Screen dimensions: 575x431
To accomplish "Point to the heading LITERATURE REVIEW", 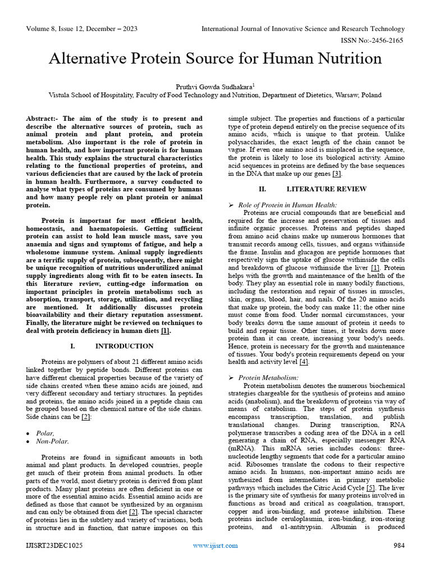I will point(318,189).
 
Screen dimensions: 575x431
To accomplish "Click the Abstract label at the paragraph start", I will point(43,119).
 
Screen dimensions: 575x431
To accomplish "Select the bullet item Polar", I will point(45,433).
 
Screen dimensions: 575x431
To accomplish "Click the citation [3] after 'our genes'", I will point(337,174).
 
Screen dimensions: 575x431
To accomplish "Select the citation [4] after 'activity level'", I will point(304,362).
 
